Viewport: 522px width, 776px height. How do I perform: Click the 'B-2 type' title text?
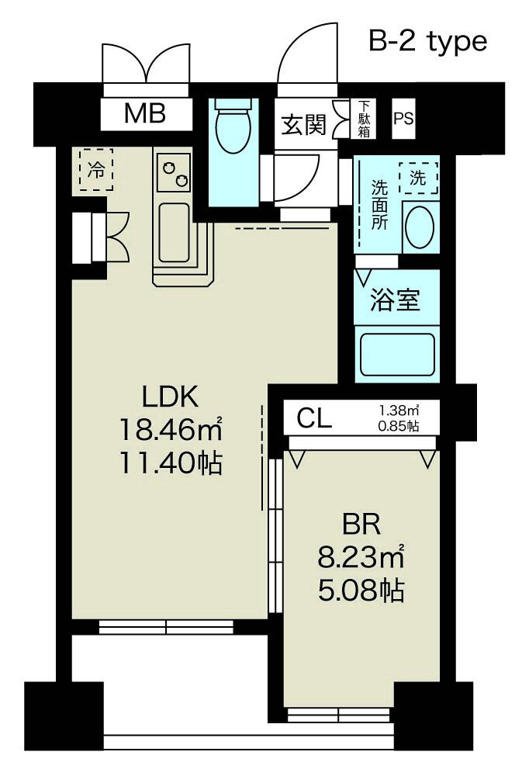pos(427,41)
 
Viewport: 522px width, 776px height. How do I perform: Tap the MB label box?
pos(146,114)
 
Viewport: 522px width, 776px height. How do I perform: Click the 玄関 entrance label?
pos(303,124)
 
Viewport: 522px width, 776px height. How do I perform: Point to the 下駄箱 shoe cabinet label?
pos(364,120)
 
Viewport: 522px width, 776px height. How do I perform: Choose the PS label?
pos(403,120)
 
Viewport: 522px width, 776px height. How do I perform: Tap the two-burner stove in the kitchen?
pos(174,171)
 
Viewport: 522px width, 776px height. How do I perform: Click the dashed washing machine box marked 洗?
pos(418,178)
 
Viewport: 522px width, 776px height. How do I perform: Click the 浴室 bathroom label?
pos(396,299)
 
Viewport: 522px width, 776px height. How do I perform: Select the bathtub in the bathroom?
pos(396,355)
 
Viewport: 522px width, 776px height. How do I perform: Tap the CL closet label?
pos(315,420)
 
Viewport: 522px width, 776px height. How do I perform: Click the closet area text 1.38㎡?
pos(399,411)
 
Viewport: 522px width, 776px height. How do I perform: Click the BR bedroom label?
pos(361,526)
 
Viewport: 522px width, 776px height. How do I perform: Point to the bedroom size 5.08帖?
pos(361,591)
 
